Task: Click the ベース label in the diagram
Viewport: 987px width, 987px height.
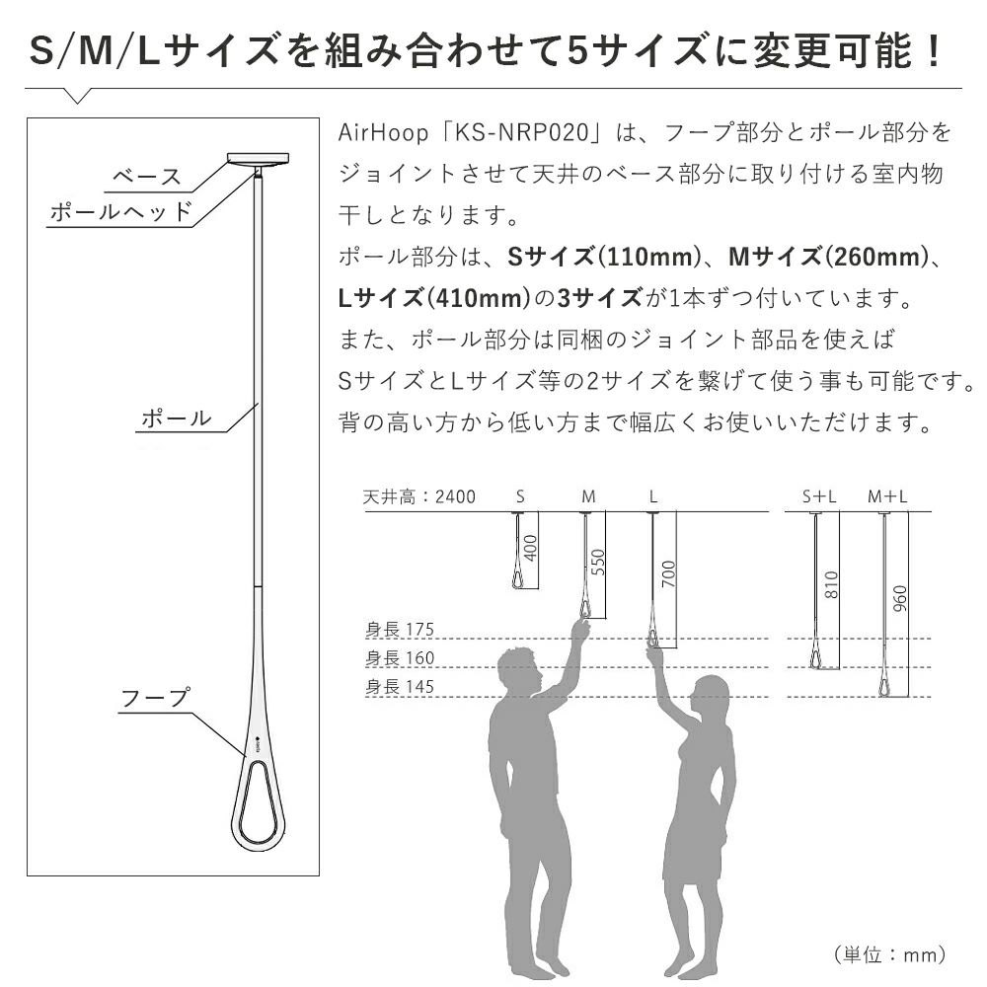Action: (147, 177)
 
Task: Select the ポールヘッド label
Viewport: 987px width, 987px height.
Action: (120, 211)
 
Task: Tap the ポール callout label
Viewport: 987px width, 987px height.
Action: (177, 418)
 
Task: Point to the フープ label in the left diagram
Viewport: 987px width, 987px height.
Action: (155, 698)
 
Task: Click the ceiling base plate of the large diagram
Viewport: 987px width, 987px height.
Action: (258, 158)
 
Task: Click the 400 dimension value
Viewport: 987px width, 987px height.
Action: (531, 548)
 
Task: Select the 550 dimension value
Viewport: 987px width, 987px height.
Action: (598, 563)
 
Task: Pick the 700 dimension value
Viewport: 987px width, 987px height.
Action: (668, 573)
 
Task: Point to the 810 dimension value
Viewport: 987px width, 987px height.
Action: (831, 584)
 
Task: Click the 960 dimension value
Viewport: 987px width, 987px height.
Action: (901, 598)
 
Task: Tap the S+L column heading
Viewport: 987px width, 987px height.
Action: (819, 497)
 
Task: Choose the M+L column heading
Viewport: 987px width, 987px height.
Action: (887, 497)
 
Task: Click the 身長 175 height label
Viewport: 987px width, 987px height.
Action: (400, 629)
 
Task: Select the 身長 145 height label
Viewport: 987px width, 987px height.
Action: (400, 686)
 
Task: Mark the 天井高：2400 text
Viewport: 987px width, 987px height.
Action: (419, 497)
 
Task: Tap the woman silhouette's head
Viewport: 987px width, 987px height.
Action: (709, 696)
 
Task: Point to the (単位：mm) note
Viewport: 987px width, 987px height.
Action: (890, 954)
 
